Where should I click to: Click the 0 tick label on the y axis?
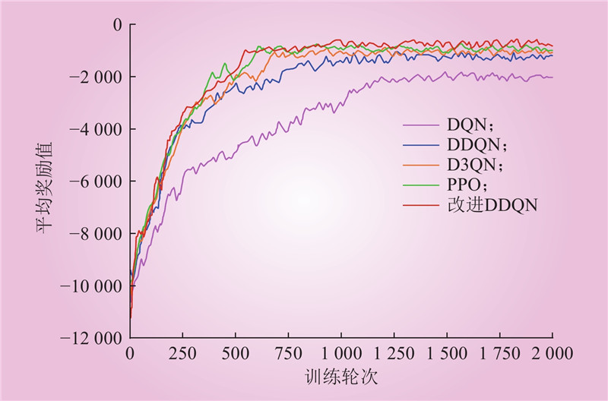[117, 25]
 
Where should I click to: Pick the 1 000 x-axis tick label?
[340, 353]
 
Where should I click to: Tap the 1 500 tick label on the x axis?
[446, 353]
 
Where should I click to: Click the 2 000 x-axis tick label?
[552, 353]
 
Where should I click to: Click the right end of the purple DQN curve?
[552, 77]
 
